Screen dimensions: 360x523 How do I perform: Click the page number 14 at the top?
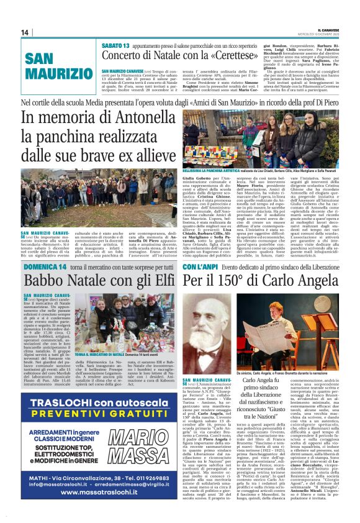pos(25,32)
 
